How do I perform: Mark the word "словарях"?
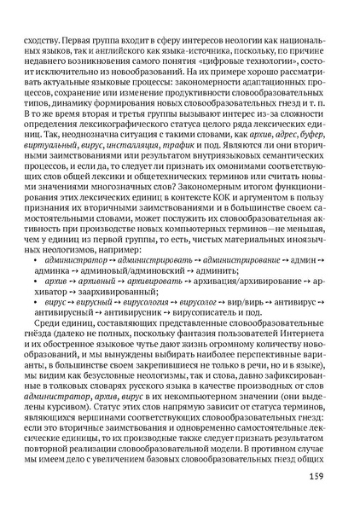click(x=111, y=403)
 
